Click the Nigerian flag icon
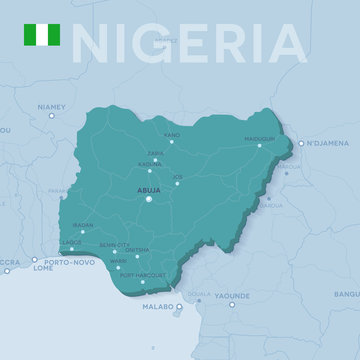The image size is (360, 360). pyautogui.click(x=41, y=37)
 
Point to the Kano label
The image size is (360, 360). pyautogui.click(x=172, y=133)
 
